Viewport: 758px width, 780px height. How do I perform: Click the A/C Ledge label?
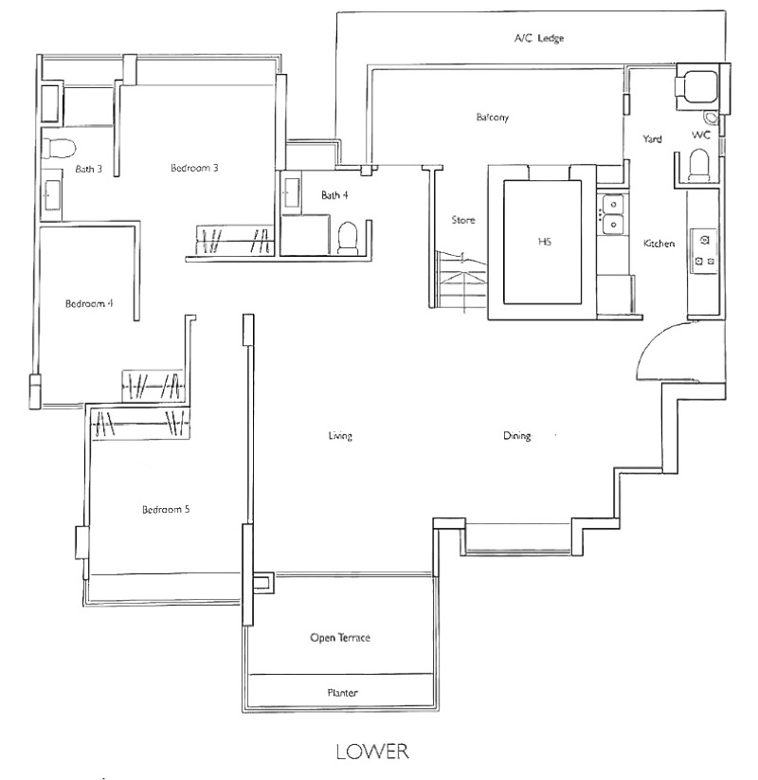pos(539,38)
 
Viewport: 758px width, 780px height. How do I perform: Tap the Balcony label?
pos(493,118)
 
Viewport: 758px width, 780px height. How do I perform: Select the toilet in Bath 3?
pos(59,148)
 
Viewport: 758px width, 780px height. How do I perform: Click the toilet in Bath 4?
pos(348,238)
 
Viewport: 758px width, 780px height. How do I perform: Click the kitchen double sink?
pos(613,214)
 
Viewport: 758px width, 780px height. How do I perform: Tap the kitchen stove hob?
pos(704,251)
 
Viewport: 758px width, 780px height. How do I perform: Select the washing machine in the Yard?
pos(696,86)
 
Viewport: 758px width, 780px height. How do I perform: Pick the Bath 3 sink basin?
pos(51,195)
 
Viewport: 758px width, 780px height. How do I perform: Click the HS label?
pos(545,242)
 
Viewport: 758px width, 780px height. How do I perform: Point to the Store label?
pos(463,220)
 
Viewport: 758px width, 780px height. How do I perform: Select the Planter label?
pos(342,693)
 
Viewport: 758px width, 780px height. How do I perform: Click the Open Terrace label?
pos(340,638)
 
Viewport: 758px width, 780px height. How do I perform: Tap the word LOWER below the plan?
pos(372,752)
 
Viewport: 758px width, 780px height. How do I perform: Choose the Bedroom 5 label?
pos(166,509)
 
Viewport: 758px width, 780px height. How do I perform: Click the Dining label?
pos(516,436)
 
